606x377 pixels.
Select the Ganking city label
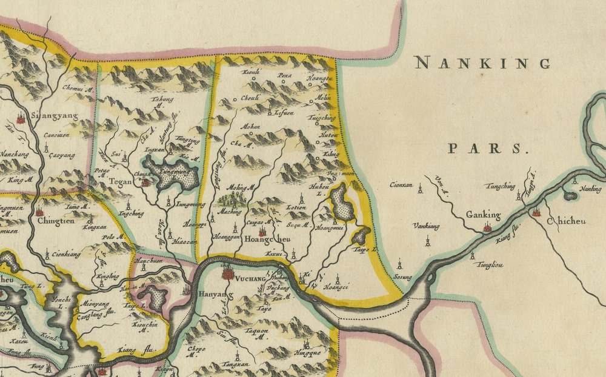(483, 215)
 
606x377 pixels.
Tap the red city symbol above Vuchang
(228, 273)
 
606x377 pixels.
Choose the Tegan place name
(117, 182)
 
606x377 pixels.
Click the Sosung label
(402, 277)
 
